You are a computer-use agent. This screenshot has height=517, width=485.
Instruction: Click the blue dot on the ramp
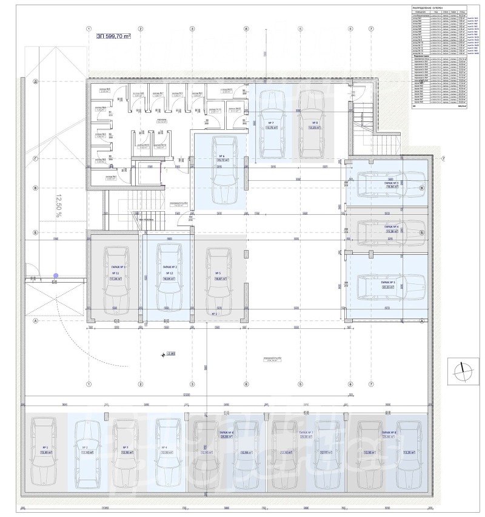pos(56,275)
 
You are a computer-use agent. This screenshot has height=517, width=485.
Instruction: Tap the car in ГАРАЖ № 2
pos(169,276)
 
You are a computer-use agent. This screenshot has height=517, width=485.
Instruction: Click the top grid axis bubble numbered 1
pos(89,29)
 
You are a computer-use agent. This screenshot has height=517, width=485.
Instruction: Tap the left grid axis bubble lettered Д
pos(36,81)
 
